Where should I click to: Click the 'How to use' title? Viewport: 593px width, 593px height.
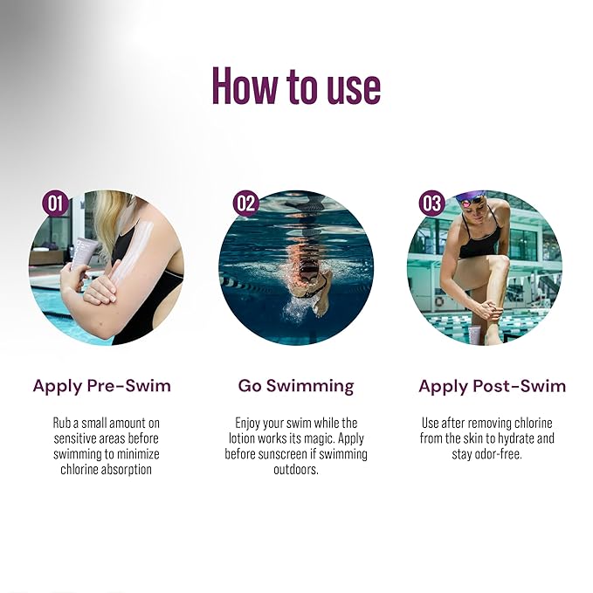(296, 86)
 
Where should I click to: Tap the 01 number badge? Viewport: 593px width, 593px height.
(55, 203)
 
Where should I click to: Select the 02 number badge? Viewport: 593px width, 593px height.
(245, 203)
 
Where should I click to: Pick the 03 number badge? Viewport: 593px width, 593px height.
(432, 203)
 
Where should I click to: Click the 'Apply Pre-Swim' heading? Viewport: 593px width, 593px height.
(102, 385)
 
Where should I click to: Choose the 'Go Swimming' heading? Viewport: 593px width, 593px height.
(296, 385)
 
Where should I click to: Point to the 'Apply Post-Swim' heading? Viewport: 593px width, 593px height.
(492, 385)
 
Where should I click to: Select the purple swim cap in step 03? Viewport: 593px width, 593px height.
(472, 199)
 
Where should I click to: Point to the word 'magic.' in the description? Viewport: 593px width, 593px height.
(319, 438)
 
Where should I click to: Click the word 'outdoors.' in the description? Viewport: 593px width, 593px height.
(296, 470)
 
